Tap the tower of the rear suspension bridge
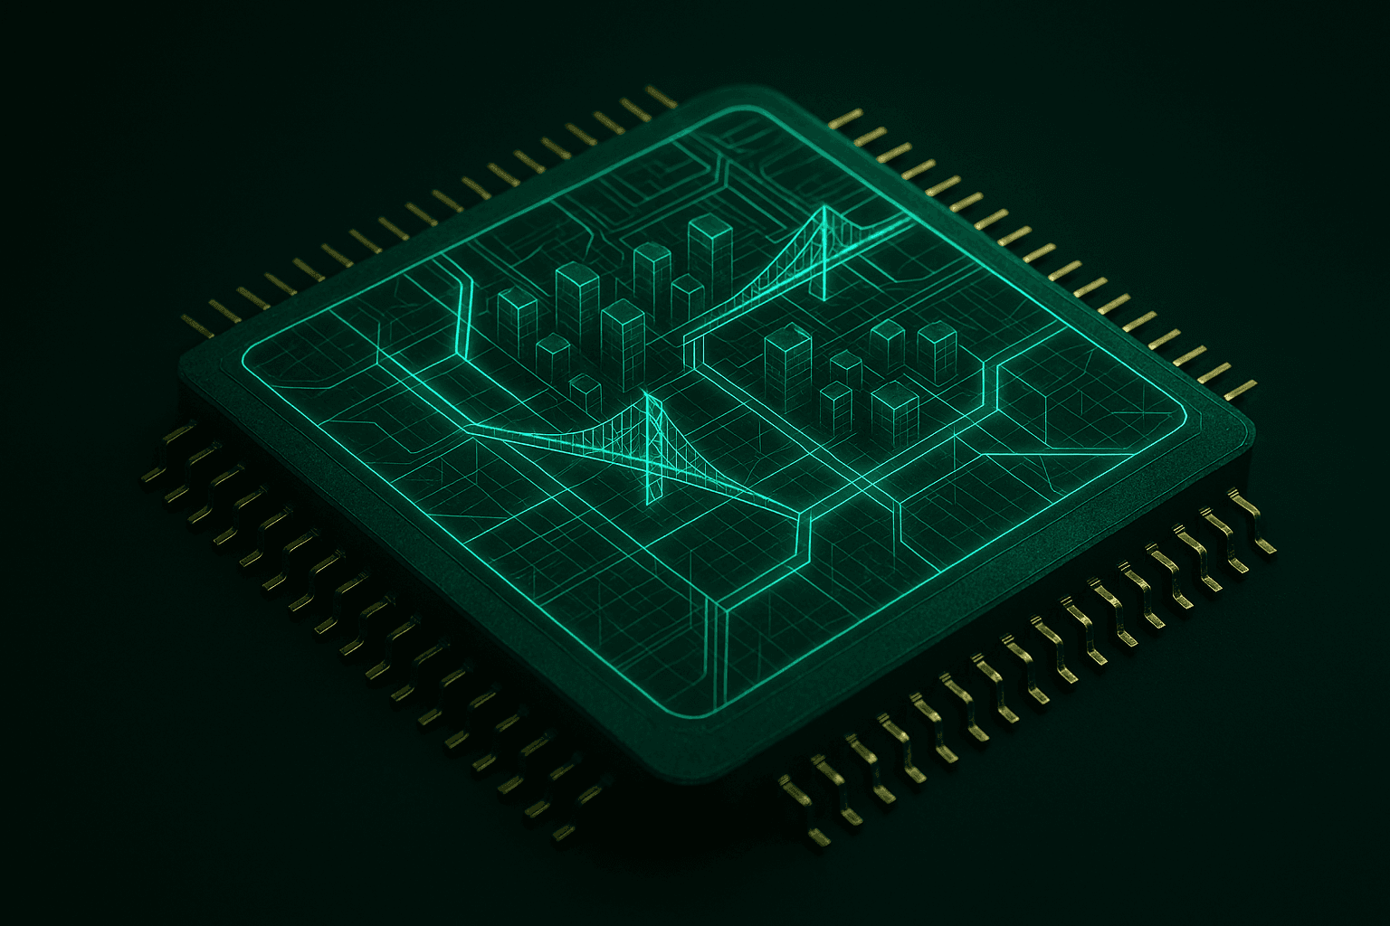[823, 253]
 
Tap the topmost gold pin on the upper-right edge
[846, 118]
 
